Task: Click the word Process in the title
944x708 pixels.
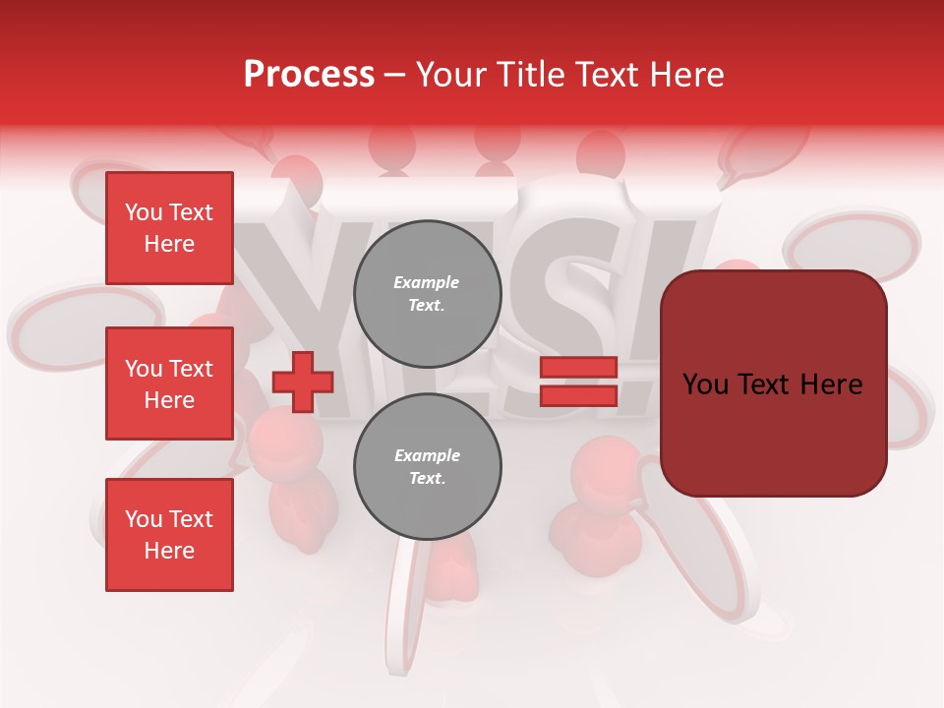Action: pos(309,75)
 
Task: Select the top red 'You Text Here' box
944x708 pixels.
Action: pos(169,228)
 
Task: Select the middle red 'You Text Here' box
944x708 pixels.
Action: pos(169,383)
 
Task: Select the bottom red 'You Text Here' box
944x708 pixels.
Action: pos(169,535)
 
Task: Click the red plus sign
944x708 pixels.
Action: pos(303,382)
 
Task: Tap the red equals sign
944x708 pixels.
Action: pos(578,382)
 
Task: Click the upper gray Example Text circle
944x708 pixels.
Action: pos(428,294)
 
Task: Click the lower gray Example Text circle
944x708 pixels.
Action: pos(428,467)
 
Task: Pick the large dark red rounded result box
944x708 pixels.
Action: pos(773,383)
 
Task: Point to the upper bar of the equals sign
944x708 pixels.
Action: pos(578,368)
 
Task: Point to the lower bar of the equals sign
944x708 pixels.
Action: pos(578,395)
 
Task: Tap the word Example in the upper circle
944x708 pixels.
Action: pos(426,282)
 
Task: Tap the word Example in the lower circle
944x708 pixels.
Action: pos(427,455)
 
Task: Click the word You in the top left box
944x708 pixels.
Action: pos(143,212)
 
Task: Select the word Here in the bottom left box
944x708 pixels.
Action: pos(169,551)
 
